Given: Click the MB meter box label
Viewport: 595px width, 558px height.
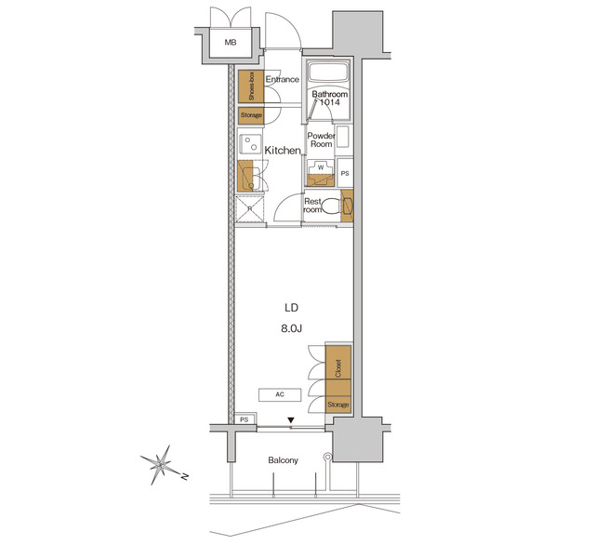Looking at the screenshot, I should coord(228,42).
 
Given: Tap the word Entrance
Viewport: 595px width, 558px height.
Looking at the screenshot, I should coord(282,80).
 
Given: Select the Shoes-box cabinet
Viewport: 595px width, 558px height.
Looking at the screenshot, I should coord(245,86).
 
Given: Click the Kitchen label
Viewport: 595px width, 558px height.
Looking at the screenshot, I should coord(283,151).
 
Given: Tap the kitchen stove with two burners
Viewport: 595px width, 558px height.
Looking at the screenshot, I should coord(248,144).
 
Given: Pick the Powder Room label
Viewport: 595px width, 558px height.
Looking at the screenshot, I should coord(322,139).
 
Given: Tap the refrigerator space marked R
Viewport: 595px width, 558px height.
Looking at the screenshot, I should coord(249,209).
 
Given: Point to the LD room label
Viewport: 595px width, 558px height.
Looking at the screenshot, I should coord(292,308).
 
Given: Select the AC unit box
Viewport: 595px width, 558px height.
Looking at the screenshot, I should coord(279,394).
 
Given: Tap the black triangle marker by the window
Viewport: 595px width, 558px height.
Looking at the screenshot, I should coord(291,421).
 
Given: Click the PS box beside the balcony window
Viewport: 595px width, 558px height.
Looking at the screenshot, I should coord(245,420).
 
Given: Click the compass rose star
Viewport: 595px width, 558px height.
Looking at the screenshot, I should coord(163,462).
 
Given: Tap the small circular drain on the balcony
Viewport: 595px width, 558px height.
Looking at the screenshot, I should coord(326,457).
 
